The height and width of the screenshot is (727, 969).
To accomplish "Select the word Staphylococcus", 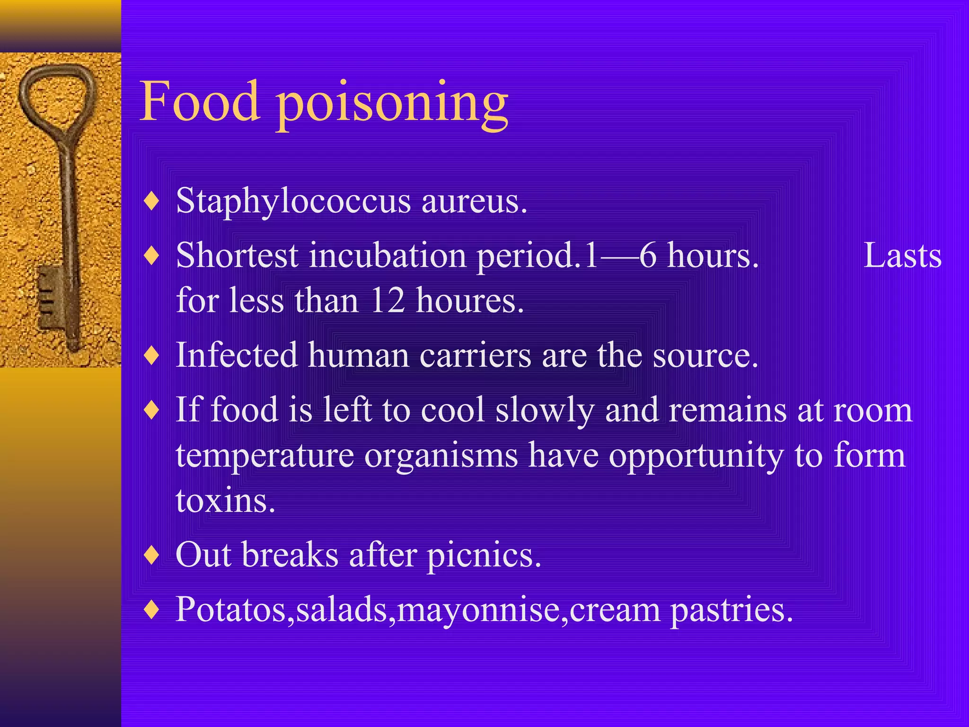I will point(293,202).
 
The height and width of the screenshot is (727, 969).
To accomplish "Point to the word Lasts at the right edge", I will point(902,256).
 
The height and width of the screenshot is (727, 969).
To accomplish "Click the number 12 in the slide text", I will point(388,300).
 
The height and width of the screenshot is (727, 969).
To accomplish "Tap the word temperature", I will point(265,456).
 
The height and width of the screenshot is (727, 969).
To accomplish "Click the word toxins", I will point(225,500).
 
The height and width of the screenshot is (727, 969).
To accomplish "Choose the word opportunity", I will point(696,456).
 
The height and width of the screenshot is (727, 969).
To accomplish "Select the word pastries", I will point(731,610).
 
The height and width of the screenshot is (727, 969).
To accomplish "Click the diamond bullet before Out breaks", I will point(151,554).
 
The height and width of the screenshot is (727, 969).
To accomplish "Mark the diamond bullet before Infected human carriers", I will point(151,355).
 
